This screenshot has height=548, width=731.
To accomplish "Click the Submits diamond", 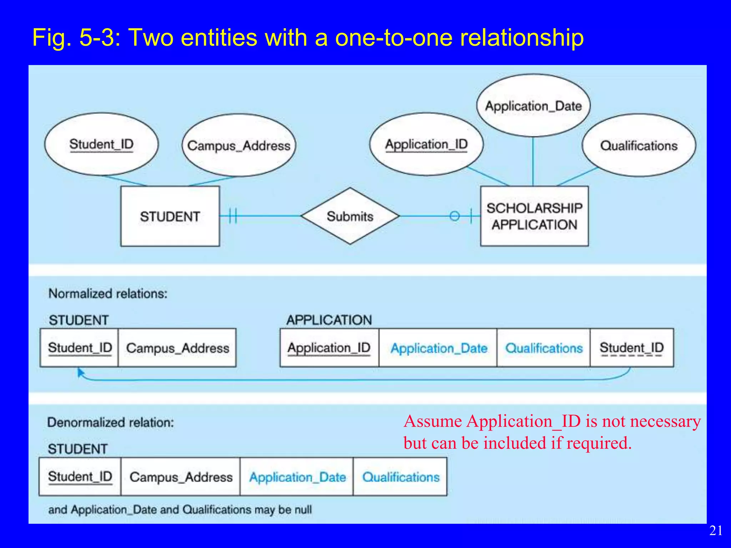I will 350,216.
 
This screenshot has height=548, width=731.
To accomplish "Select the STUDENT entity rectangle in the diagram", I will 170,216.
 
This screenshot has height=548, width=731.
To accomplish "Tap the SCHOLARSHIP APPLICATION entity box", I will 534,216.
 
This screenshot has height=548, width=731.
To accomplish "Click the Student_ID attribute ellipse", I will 101,144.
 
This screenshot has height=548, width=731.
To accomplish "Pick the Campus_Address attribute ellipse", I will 239,146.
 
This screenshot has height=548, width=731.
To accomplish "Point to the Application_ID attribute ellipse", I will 426,144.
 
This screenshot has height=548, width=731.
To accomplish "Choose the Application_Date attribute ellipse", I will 533,106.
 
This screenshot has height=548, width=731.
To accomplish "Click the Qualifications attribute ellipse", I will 639,146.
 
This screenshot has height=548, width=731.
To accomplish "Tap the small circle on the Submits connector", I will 454,216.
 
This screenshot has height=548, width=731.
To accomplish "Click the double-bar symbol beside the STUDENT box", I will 233,216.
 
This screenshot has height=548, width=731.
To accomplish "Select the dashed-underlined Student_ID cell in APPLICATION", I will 631,348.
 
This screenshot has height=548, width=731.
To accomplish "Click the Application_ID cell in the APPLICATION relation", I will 329,348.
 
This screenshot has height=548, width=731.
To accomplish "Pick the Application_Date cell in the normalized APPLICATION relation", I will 438,348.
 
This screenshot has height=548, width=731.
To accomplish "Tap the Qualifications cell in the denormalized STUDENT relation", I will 400,477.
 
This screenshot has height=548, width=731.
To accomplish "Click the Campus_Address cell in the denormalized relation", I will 181,477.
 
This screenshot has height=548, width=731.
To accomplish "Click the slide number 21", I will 716,531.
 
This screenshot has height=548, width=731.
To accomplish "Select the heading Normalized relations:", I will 108,294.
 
